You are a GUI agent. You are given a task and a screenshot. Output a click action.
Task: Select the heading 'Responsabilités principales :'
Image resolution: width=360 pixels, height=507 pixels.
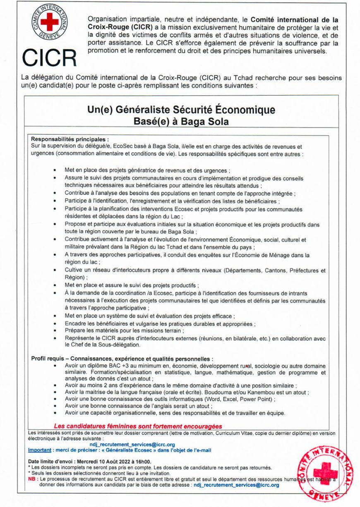coord(70,140)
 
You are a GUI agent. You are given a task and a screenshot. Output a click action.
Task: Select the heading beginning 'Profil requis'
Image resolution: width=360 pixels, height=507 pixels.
coord(122,359)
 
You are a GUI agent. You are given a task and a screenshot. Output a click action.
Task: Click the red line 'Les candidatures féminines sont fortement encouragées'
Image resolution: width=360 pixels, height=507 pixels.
coord(138,426)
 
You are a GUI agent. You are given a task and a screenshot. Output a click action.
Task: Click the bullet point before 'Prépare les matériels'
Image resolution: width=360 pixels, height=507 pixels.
coord(55,331)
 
